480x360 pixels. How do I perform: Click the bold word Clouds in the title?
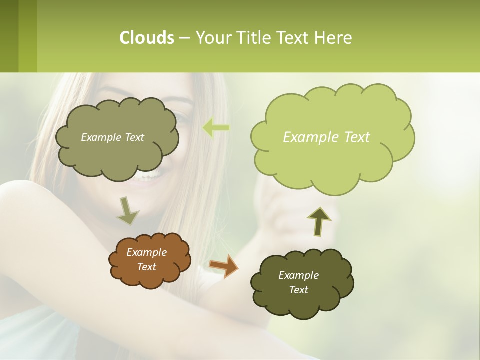[x=146, y=38]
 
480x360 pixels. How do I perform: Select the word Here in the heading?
[x=333, y=38]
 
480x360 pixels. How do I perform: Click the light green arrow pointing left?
[x=216, y=128]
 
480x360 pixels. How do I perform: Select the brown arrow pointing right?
[x=223, y=266]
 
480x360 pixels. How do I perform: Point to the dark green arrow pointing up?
[x=319, y=221]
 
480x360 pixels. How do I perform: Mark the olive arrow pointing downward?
[x=127, y=210]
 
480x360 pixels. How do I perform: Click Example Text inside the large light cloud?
[x=326, y=137]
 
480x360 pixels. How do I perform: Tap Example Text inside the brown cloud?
[x=147, y=259]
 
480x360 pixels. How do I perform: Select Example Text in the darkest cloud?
[x=298, y=282]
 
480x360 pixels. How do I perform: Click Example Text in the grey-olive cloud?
[x=112, y=137]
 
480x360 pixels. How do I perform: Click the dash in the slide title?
[x=183, y=38]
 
